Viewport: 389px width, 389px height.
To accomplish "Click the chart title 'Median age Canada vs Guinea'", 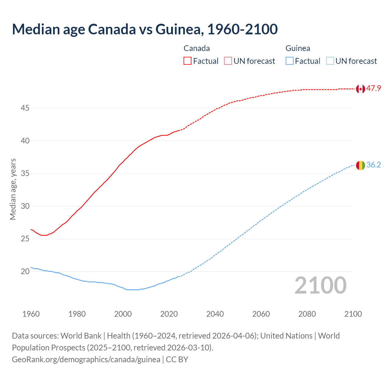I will (145, 29).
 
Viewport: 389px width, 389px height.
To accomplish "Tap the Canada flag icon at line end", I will (360, 89).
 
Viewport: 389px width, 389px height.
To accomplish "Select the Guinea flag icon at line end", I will (360, 165).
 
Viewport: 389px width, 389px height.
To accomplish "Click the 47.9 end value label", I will (374, 88).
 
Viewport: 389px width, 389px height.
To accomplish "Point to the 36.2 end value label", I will (374, 165).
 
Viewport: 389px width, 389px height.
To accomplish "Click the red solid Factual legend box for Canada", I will (188, 61).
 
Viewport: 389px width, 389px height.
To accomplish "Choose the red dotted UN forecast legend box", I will (228, 61).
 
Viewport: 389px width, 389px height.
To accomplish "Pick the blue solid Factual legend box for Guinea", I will (290, 61).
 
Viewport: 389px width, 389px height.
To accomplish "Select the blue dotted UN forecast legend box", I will (330, 61).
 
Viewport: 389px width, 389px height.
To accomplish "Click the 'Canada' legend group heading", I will (197, 48).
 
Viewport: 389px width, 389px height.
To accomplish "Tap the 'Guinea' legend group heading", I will (298, 48).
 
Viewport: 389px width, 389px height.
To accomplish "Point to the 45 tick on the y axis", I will (25, 108).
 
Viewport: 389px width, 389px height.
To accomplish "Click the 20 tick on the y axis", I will (25, 271).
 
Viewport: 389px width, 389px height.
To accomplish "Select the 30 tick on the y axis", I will (25, 206).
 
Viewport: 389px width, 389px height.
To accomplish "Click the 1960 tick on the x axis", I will (31, 314).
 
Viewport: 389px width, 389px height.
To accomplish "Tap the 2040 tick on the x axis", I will (215, 314).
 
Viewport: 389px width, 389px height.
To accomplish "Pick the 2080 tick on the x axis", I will (307, 314).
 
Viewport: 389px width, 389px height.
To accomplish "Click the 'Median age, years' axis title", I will (13, 189).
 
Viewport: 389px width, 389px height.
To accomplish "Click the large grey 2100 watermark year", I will (321, 285).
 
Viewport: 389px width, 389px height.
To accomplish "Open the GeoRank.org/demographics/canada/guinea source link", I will (86, 360).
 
